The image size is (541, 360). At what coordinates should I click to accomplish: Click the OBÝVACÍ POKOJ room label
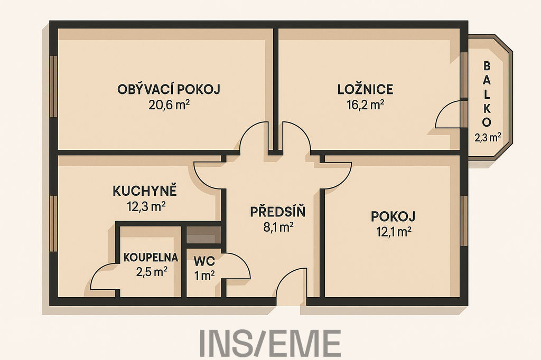(169, 89)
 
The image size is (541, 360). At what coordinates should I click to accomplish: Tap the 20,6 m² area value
(169, 105)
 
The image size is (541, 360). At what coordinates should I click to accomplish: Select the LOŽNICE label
(365, 89)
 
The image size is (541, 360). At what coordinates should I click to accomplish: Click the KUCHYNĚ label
(145, 191)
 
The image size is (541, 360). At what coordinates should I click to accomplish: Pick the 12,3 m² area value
(146, 206)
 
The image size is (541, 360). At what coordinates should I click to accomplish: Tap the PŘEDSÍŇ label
(278, 212)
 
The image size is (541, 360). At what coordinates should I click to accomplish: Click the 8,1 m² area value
(278, 228)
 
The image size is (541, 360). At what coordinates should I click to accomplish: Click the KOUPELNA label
(151, 257)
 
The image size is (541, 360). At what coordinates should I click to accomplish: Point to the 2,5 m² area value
(152, 272)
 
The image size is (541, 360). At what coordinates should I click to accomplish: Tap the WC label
(204, 261)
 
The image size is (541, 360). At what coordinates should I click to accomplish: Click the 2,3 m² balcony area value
(488, 138)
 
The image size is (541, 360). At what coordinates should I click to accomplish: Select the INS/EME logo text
(270, 343)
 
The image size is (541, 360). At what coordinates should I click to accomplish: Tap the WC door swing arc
(242, 259)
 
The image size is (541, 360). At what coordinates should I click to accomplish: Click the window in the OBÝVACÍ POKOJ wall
(53, 86)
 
